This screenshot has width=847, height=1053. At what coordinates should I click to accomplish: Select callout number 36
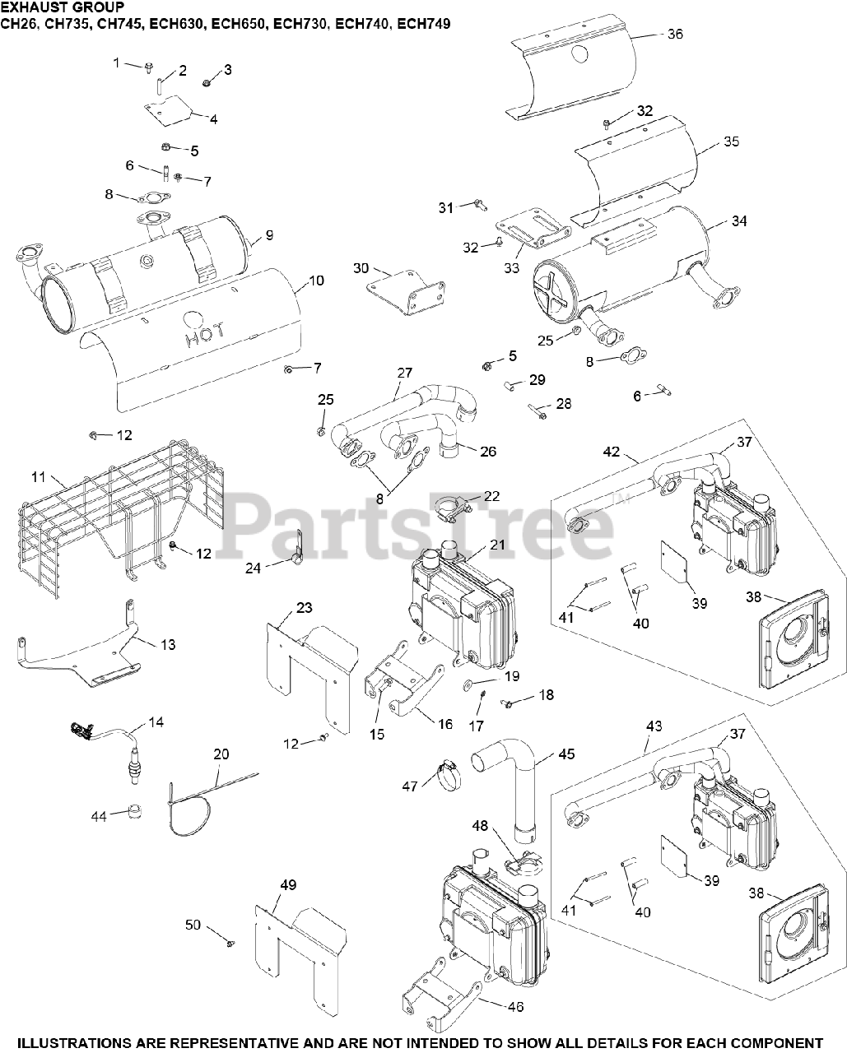[675, 35]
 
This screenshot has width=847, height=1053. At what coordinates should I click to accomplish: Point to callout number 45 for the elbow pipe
[566, 754]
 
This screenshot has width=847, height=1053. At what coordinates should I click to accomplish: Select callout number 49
[287, 885]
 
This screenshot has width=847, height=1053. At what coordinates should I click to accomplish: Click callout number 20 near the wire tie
[221, 754]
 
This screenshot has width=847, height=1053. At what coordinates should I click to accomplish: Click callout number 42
[611, 452]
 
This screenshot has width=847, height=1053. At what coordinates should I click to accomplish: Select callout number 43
[654, 727]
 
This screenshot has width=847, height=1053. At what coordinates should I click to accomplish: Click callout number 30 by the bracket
[361, 268]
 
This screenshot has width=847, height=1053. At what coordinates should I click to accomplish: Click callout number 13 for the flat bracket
[167, 645]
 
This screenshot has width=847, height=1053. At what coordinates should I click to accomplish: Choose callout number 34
[738, 220]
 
